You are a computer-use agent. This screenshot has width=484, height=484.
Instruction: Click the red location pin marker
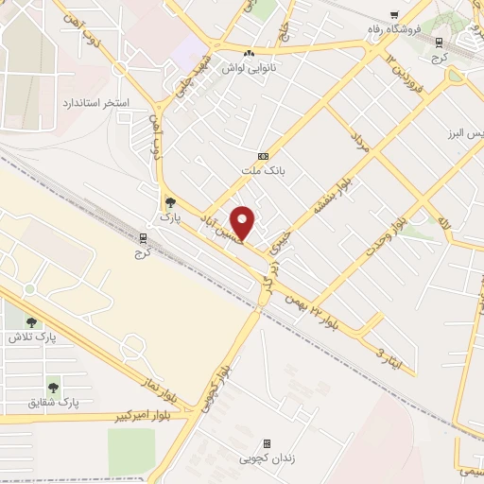(243, 221)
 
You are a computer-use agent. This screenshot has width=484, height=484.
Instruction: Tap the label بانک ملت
(263, 169)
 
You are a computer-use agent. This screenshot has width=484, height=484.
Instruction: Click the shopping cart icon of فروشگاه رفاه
(394, 14)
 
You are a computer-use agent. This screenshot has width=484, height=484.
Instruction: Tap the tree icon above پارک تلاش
(31, 322)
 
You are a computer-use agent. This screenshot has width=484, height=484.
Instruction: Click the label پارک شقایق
(56, 403)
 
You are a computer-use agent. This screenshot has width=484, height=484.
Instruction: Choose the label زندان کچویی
(268, 458)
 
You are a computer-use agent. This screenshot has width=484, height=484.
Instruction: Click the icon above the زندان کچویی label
(267, 442)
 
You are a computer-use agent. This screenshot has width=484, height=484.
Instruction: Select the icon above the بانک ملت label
(263, 156)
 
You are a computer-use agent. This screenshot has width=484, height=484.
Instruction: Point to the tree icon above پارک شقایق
(53, 387)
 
